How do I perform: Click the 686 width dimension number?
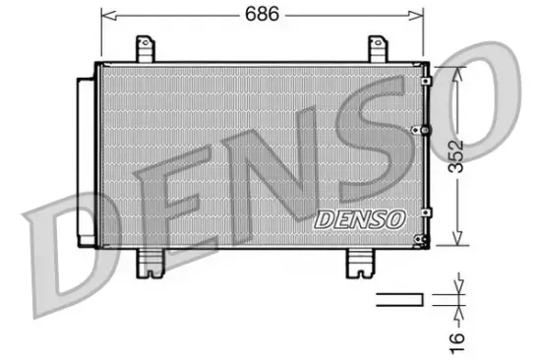(263, 14)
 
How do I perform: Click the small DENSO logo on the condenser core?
(358, 219)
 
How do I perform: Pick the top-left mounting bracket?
(147, 48)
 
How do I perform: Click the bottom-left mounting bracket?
(150, 259)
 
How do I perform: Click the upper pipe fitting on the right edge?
(424, 82)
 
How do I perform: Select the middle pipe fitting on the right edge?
(424, 130)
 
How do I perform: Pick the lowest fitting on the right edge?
(423, 240)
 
